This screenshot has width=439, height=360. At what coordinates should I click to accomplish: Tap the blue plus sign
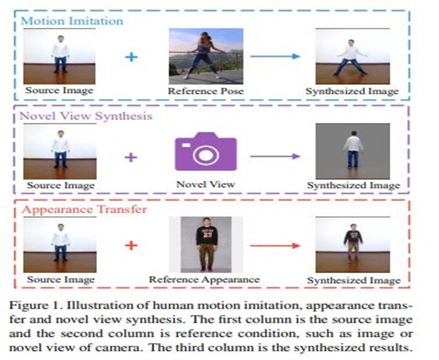pos(131,56)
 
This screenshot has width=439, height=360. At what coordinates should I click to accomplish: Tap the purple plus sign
pos(131,155)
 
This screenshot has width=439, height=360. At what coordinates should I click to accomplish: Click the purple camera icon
pos(205,151)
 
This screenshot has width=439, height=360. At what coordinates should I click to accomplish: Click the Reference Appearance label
pos(206,279)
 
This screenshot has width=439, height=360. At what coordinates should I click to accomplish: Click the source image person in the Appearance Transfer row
pos(60,244)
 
